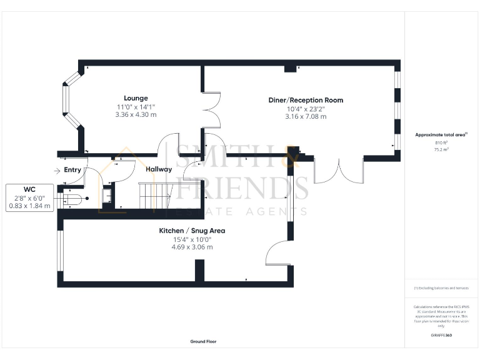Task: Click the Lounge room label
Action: [136, 98]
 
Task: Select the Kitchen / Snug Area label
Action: [191, 231]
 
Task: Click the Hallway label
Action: [159, 169]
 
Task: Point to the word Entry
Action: [72, 170]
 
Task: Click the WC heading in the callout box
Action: [29, 189]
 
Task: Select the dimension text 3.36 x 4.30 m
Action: [136, 115]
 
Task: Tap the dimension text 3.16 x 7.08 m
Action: [306, 116]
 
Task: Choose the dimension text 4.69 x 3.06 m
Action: [191, 247]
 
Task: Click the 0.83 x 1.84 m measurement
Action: [29, 206]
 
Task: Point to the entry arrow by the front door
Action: [57, 170]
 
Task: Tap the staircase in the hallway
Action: [154, 194]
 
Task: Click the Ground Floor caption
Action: [204, 342]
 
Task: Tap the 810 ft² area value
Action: [441, 143]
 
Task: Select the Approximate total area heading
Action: [441, 135]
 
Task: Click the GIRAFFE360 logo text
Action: [441, 336]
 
